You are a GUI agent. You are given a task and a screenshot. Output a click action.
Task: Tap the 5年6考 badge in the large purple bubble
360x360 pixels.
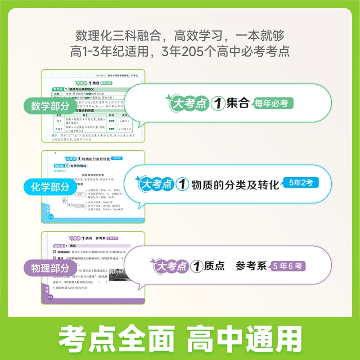(x=289, y=266)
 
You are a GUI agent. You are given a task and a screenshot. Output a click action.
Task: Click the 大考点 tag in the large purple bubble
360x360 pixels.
(x=169, y=266)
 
